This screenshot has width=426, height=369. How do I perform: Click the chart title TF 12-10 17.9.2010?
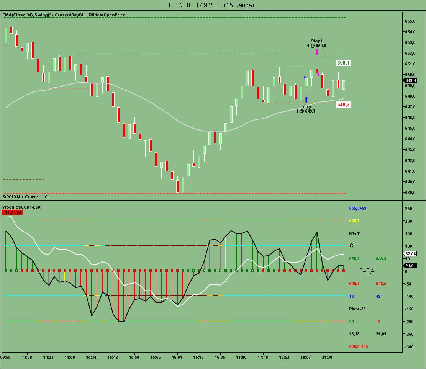210,5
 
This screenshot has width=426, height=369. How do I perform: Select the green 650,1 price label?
343,63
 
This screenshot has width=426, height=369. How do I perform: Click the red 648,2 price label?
343,104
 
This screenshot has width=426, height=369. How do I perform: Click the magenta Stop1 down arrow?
317,52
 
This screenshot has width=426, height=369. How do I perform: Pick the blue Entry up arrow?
306,100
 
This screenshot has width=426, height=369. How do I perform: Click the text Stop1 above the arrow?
316,41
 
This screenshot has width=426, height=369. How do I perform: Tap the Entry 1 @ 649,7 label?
306,109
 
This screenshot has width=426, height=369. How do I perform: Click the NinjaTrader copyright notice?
25,197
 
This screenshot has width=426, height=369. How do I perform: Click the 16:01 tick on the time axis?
177,357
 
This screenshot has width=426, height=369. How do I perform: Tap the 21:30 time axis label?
327,357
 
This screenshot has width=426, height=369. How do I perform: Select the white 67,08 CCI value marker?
410,254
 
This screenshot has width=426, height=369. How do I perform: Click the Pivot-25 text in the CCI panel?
357,309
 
